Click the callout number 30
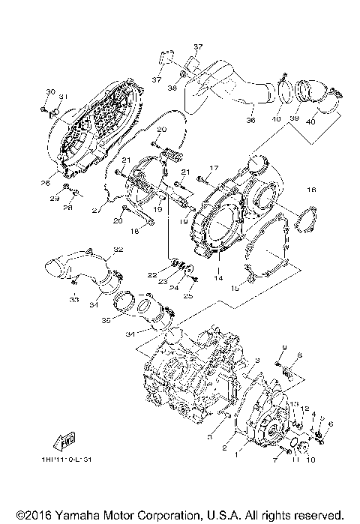pos(50,91)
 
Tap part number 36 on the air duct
pos(250,118)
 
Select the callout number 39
pos(295,118)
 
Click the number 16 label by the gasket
pos(311,190)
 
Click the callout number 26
pos(45,182)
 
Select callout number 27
pos(94,211)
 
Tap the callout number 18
pos(134,232)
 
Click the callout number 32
pos(118,249)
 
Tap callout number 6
pos(331,424)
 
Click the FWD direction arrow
pos(65,443)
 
